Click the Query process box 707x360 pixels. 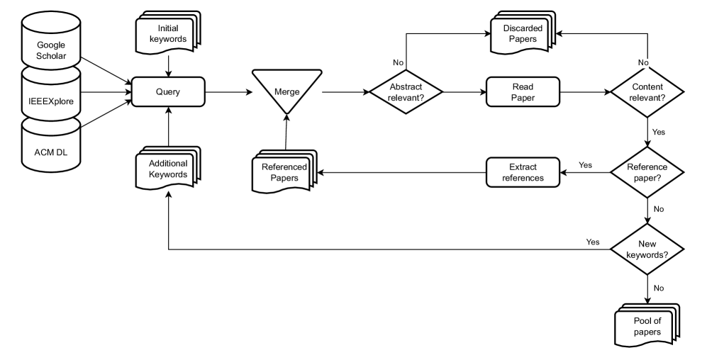(168, 92)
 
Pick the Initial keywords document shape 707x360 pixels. (168, 33)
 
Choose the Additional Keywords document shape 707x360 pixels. (168, 168)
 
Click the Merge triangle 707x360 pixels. (286, 90)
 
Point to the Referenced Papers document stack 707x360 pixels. (284, 171)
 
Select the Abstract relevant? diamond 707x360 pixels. (406, 92)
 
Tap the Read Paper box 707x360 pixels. (523, 92)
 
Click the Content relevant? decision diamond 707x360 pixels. (647, 92)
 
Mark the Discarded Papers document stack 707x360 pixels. (523, 33)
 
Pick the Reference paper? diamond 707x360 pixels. (647, 172)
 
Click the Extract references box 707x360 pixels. (523, 172)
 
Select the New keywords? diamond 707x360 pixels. (647, 249)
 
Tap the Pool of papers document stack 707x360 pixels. (647, 325)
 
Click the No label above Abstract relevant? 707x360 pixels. (398, 62)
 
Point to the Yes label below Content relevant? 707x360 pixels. (659, 132)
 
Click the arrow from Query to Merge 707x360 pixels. (228, 92)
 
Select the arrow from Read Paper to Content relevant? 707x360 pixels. (585, 92)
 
